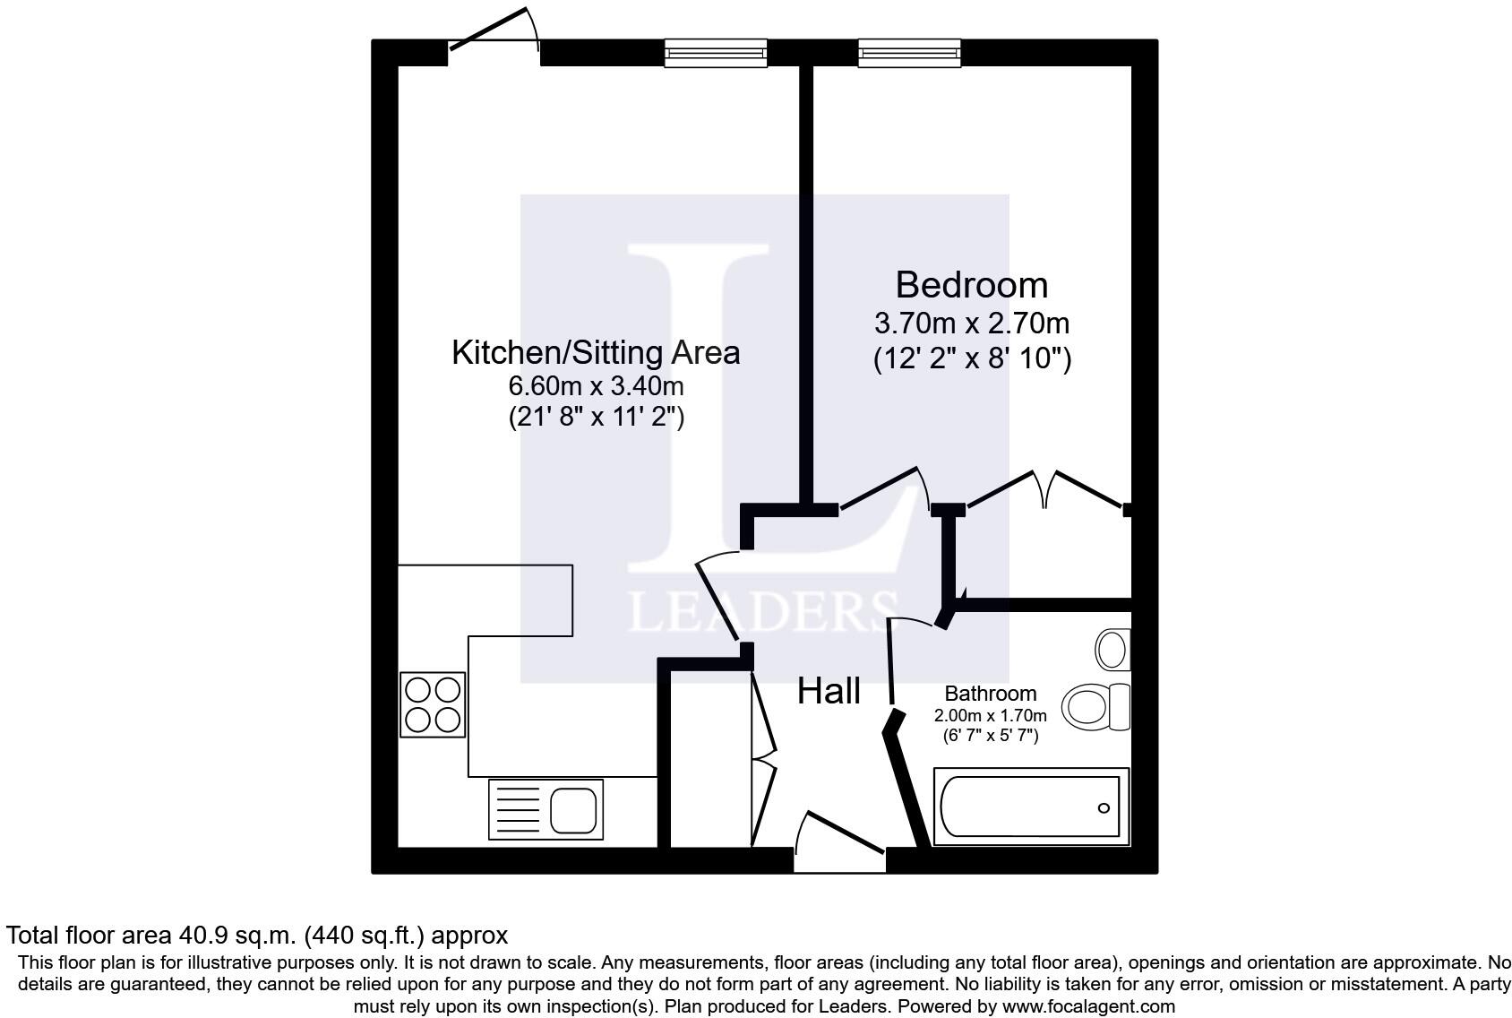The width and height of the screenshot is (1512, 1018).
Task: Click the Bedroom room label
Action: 971,285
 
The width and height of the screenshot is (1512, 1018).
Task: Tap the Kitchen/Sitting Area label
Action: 596,352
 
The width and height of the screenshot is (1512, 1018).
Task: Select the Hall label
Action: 829,691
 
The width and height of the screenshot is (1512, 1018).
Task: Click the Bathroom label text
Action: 990,693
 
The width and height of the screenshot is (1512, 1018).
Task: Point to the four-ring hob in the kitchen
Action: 433,704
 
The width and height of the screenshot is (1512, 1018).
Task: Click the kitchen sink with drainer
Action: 546,809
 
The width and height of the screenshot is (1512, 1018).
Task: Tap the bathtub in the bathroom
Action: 1030,807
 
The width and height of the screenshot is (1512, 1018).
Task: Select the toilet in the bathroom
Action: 1095,706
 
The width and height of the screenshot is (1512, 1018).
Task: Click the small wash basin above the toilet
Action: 1113,648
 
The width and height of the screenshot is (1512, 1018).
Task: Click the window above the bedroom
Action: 909,53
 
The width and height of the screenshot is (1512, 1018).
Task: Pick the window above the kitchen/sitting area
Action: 716,53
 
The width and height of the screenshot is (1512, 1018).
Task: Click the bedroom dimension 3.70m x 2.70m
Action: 971,323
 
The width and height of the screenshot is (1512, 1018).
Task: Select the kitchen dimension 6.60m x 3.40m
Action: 596,386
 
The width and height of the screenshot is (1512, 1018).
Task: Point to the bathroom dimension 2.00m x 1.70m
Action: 990,716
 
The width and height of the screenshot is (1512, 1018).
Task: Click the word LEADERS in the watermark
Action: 762,611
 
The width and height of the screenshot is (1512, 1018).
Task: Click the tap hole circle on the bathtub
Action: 1104,808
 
